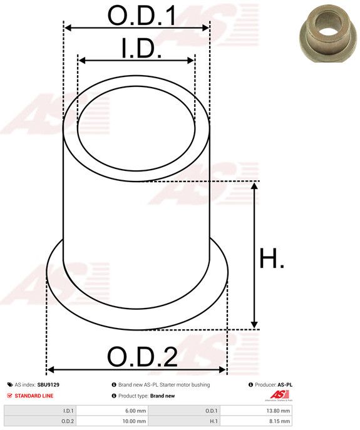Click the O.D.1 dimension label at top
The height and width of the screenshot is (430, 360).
click(x=142, y=16)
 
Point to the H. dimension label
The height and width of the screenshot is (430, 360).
click(x=272, y=259)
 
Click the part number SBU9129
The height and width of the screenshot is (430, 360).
click(x=48, y=385)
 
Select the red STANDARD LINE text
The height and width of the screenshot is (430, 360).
click(x=34, y=396)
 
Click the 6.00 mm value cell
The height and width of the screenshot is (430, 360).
click(x=113, y=411)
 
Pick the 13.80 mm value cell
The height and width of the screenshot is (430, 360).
click(x=256, y=411)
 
